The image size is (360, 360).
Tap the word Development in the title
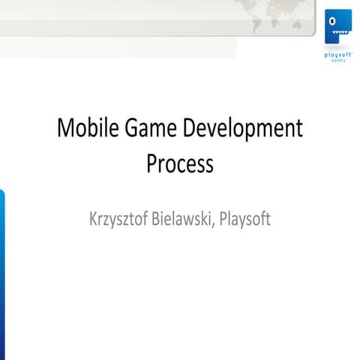coord(238,130)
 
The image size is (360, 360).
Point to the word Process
coord(180,163)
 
